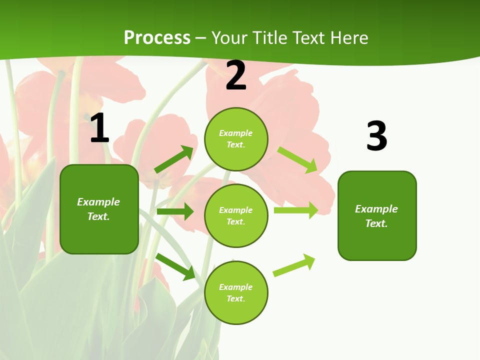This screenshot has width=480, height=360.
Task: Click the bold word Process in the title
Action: [x=157, y=38]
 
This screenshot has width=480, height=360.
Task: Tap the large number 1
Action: [x=99, y=128]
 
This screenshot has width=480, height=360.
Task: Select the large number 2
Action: [x=236, y=76]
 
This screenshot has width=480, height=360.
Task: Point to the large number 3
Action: [x=376, y=136]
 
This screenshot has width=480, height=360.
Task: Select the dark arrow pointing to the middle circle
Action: [x=175, y=211]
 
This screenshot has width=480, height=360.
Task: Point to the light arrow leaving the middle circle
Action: [x=296, y=210]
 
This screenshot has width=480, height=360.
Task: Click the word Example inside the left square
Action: [x=98, y=202]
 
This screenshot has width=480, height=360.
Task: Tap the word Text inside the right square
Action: [x=375, y=223]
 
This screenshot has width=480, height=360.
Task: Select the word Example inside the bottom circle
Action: [x=236, y=287]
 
